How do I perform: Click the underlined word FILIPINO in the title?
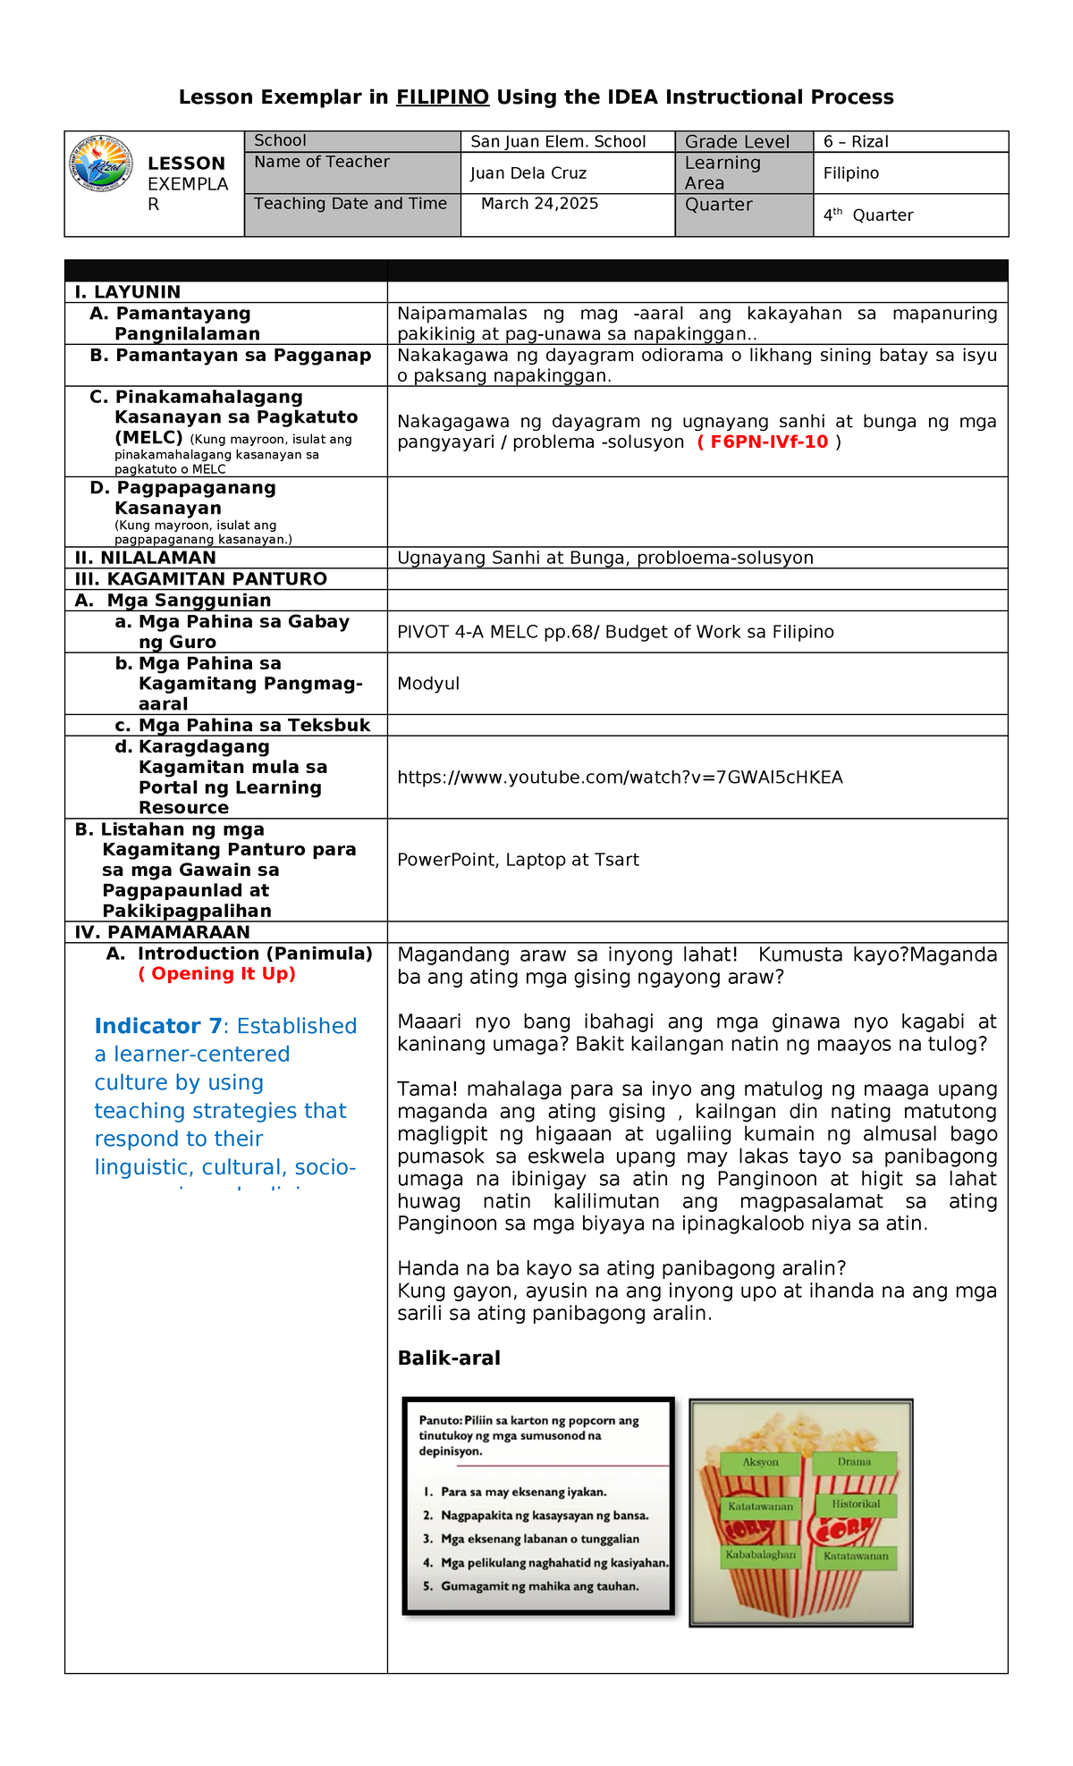point(443,97)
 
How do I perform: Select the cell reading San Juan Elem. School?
point(558,141)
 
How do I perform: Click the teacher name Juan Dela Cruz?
point(528,173)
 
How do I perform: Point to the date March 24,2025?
point(539,204)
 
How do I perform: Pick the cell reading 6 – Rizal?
point(856,141)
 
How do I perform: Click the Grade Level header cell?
point(737,141)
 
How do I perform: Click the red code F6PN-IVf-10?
point(769,442)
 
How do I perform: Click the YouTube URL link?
point(620,778)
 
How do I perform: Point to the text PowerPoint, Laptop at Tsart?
point(518,860)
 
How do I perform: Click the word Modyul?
point(428,684)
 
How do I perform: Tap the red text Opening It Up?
point(217,974)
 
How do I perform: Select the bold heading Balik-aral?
point(449,1358)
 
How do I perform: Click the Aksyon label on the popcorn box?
point(760,1462)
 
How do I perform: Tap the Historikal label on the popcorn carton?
point(856,1504)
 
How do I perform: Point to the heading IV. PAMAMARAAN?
point(162,932)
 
